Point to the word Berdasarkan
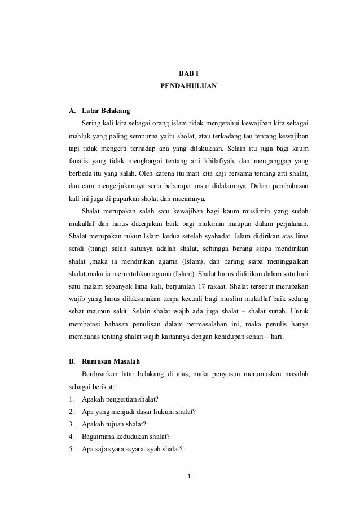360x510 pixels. pyautogui.click(x=102, y=374)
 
